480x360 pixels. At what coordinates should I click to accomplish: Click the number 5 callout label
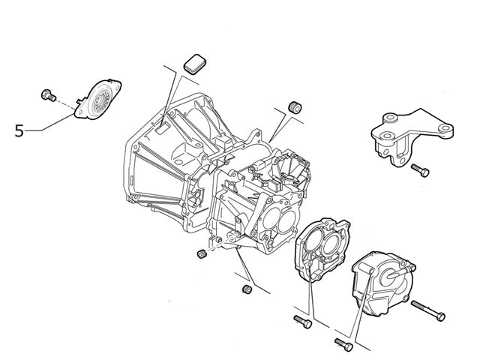(x=19, y=130)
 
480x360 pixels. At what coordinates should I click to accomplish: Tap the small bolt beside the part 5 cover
(x=48, y=94)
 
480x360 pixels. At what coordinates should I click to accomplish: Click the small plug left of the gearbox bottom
(x=201, y=256)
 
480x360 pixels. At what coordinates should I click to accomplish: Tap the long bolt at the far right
(x=428, y=308)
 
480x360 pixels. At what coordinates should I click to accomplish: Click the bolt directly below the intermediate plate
(x=303, y=322)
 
